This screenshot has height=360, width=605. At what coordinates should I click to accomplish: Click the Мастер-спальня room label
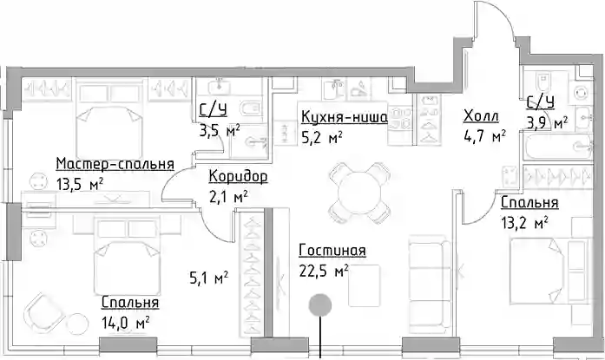[115, 164]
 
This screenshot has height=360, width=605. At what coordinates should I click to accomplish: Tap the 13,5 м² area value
[80, 184]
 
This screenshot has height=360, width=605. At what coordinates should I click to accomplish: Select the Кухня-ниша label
[345, 117]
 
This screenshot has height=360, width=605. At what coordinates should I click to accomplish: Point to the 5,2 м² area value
[322, 137]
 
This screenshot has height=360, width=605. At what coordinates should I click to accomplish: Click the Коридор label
[238, 177]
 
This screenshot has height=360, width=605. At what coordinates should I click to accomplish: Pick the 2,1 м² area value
[228, 197]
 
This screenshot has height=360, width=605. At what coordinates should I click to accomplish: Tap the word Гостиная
[332, 250]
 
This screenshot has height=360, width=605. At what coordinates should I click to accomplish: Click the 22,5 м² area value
[324, 271]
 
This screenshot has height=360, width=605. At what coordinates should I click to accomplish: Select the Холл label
[481, 115]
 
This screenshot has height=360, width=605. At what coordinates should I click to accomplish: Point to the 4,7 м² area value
[484, 136]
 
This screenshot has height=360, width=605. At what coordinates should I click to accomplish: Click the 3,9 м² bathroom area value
[548, 123]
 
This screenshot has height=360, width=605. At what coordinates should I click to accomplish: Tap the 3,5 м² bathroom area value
[220, 130]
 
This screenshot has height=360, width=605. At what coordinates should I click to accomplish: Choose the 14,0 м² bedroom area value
[126, 322]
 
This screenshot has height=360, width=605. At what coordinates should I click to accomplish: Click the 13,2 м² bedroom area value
[525, 222]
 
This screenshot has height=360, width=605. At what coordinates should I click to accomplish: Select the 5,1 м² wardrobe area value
[208, 278]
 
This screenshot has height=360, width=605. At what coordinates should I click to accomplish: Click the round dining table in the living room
[359, 193]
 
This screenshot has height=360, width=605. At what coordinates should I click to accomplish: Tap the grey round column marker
[320, 304]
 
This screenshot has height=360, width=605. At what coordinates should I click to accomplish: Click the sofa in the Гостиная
[430, 284]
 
